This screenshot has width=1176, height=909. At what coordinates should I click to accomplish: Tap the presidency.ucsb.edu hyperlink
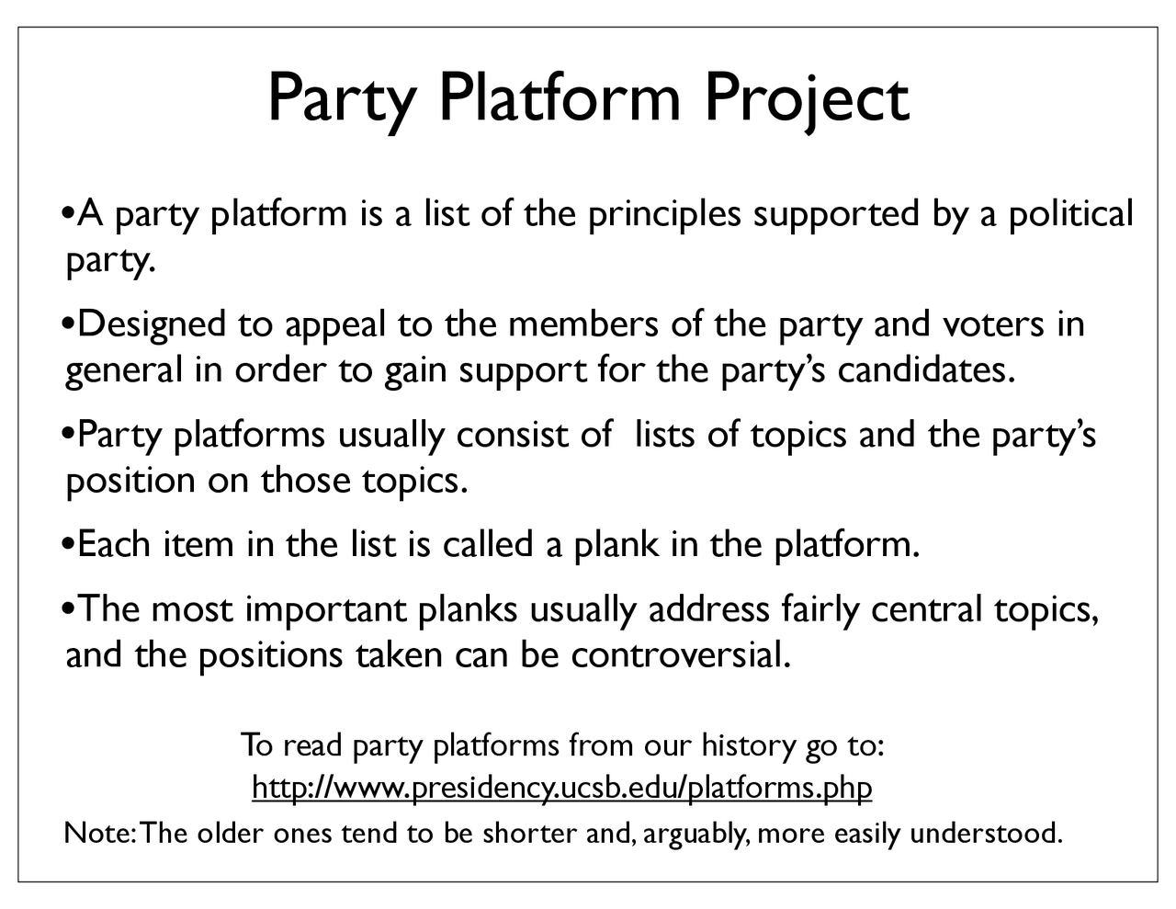pyautogui.click(x=561, y=788)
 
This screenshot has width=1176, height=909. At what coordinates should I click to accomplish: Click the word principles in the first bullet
pyautogui.click(x=663, y=214)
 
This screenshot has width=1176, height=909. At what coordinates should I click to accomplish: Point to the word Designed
pyautogui.click(x=152, y=324)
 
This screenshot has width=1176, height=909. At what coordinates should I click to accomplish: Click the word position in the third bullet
pyautogui.click(x=130, y=481)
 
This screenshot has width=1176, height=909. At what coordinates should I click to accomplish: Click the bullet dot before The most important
pyautogui.click(x=70, y=609)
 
